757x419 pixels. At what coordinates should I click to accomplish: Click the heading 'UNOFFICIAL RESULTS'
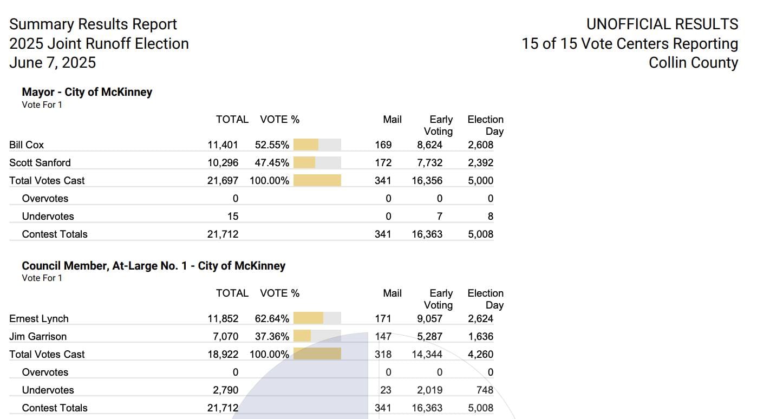(662, 24)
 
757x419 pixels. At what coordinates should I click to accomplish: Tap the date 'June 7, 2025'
(53, 63)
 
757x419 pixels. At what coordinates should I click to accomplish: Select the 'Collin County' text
(693, 63)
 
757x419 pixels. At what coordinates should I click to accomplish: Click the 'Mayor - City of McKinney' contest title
(87, 92)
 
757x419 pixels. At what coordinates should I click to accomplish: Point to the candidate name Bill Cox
(27, 145)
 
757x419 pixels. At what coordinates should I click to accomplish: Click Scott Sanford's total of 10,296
(223, 163)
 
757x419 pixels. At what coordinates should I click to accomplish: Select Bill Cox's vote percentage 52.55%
(272, 145)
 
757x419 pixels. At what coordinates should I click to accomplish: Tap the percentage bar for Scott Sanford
(317, 162)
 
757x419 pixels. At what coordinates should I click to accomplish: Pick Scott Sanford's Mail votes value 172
(383, 163)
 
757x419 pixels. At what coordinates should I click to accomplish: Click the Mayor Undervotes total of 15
(232, 217)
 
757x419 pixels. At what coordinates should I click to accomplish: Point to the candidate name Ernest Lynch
(39, 319)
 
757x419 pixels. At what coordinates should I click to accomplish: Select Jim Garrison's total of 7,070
(225, 337)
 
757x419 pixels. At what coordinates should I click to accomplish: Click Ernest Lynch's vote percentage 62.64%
(272, 319)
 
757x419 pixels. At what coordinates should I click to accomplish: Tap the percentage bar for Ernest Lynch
(317, 318)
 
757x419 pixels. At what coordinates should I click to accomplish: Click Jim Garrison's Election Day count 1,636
(480, 337)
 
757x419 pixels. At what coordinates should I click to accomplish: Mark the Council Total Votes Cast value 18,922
(223, 355)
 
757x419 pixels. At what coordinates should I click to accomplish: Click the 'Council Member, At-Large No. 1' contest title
(153, 266)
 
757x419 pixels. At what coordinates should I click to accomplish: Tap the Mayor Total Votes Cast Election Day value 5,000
(480, 181)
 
